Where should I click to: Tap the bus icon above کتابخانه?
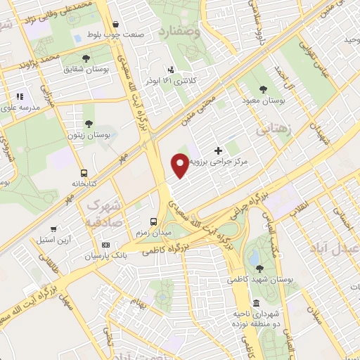point(84,172)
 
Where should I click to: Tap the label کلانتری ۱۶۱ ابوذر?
point(171,81)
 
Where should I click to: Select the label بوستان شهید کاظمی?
point(258,280)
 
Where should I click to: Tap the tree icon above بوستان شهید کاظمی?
point(259,268)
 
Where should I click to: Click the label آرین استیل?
point(53,239)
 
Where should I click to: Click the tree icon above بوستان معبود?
point(263,89)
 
